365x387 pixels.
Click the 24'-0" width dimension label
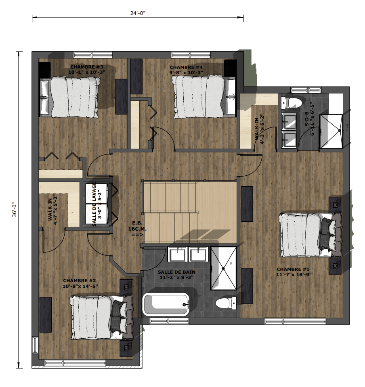[x=138, y=13]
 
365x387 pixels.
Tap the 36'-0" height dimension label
[x=15, y=210]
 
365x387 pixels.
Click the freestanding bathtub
[x=166, y=304]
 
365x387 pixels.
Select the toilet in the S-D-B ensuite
[x=292, y=103]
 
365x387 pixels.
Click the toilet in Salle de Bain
[x=226, y=303]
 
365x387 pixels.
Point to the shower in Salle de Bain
[x=223, y=268]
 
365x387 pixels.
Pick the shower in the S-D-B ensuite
[x=331, y=131]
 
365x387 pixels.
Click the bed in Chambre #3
[x=70, y=97]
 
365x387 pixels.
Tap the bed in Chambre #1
[x=310, y=235]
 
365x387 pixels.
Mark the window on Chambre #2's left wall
[x=35, y=345]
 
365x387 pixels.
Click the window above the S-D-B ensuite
[x=306, y=90]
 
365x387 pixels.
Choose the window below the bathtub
[x=169, y=321]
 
